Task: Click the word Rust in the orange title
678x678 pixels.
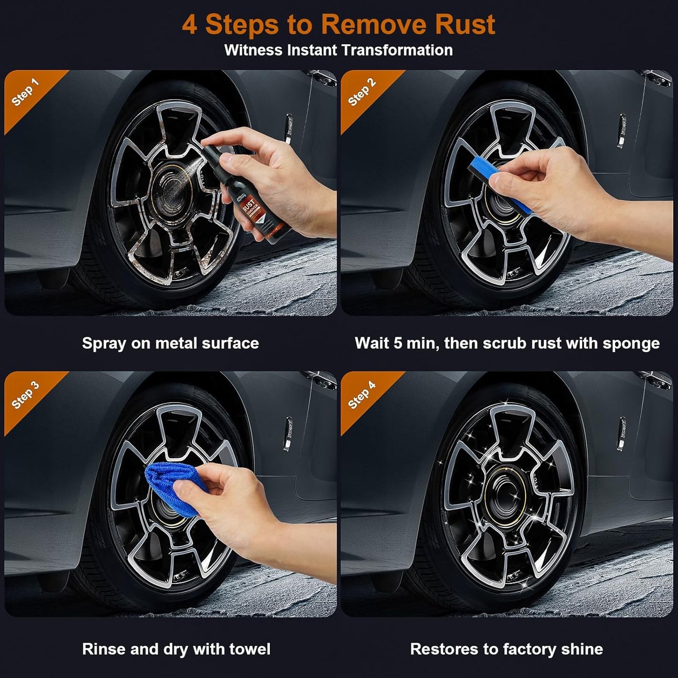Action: [x=465, y=24]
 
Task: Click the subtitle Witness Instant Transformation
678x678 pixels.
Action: [x=338, y=50]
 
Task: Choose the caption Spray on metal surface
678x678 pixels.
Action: [x=170, y=343]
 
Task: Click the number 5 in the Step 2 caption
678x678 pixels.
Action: [x=397, y=343]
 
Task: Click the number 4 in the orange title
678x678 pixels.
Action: [x=189, y=24]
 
